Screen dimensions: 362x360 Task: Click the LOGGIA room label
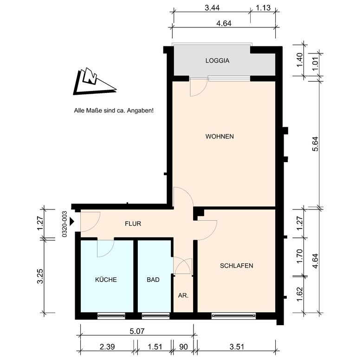[x=217, y=60]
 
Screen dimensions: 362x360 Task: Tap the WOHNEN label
[x=220, y=136]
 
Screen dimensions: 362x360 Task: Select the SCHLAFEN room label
[x=236, y=266]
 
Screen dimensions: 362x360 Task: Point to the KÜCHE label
[x=106, y=279]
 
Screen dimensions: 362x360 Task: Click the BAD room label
[x=153, y=280]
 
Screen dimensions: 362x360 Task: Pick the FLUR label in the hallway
[x=133, y=224]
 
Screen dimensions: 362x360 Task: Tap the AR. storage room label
[x=183, y=295]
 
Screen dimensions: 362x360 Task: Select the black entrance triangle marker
[x=72, y=222]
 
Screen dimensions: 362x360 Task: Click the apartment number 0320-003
[x=65, y=224]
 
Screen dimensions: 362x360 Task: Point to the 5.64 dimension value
[x=315, y=144]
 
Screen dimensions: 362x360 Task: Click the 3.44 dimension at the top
[x=212, y=8]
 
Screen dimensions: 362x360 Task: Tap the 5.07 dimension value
[x=137, y=331]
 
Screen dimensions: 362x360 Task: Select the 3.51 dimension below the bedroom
[x=237, y=347]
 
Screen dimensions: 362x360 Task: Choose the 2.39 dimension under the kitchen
[x=107, y=347]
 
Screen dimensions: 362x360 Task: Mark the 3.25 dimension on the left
[x=40, y=276]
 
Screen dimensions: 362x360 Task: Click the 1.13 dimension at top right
[x=263, y=8]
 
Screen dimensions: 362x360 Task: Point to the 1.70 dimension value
[x=299, y=256]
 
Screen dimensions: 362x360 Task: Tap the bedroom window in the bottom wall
[x=233, y=315]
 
